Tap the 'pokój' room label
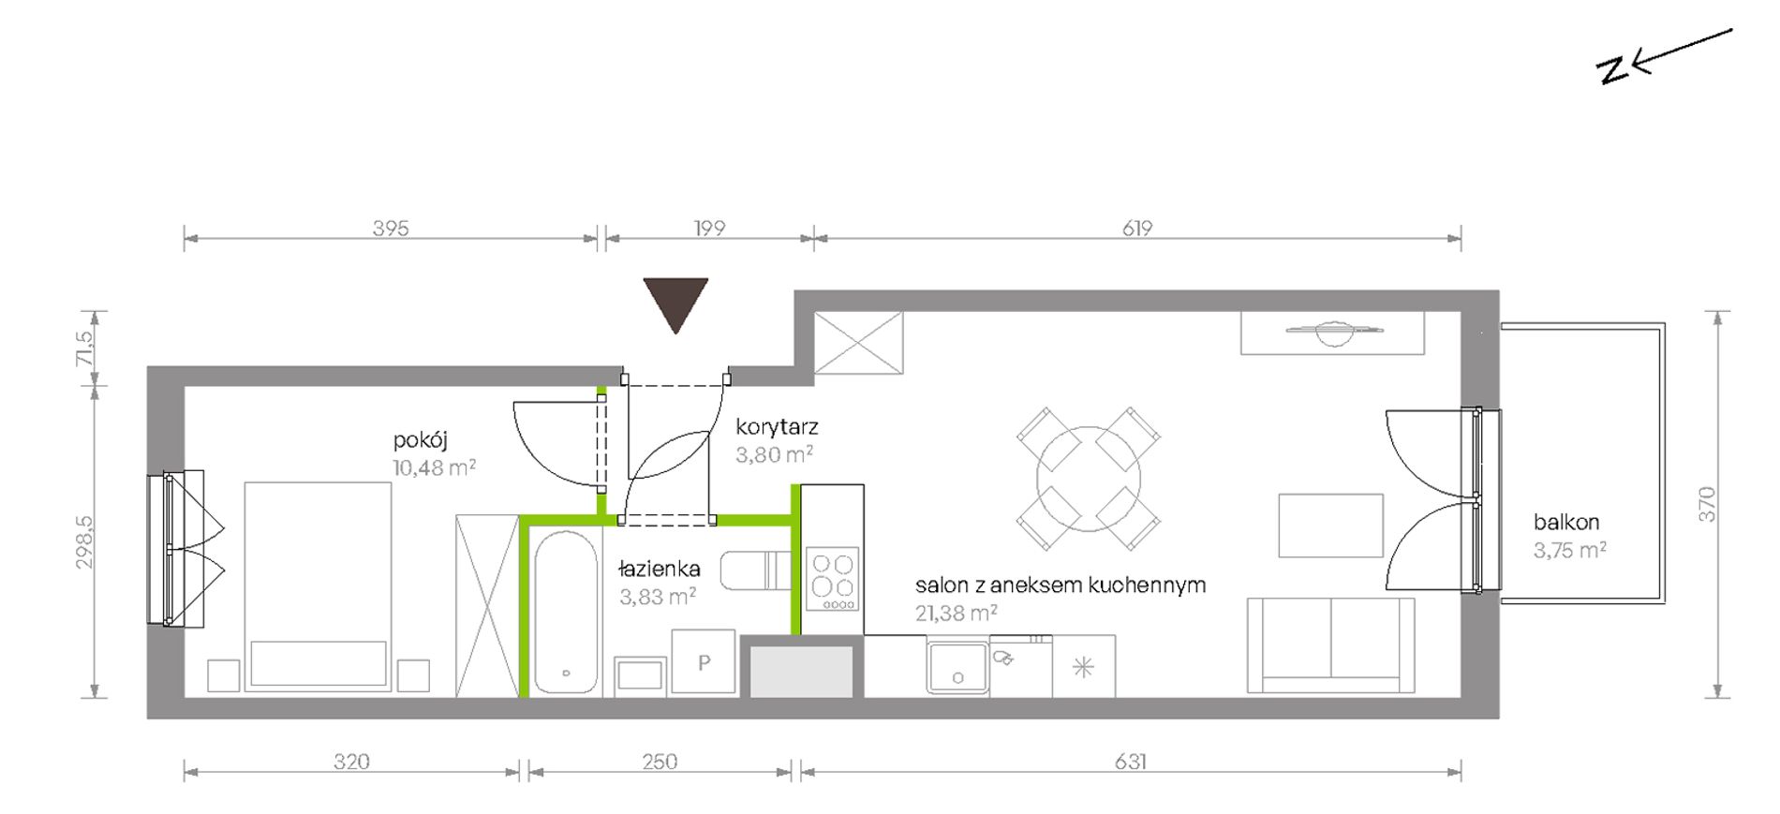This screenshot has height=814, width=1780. point(420,440)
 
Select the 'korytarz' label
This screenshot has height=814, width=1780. point(777,427)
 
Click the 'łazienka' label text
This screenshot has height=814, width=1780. point(660,569)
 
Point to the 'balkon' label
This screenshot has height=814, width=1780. point(1565,523)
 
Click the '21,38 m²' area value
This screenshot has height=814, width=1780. point(956,614)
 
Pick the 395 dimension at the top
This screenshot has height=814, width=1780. point(391,228)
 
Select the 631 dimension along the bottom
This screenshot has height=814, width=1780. point(1130,762)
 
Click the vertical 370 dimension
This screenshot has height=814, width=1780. point(1707,504)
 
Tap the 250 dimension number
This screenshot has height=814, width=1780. point(660,762)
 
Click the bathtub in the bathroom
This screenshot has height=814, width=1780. point(566,613)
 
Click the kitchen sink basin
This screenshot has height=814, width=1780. point(957,667)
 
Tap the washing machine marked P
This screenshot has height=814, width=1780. point(704,661)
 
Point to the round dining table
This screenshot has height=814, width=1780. point(1089,479)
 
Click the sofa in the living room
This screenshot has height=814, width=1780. point(1330,645)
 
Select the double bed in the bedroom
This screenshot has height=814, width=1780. point(318,586)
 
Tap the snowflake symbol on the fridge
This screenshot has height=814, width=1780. point(1083,668)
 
